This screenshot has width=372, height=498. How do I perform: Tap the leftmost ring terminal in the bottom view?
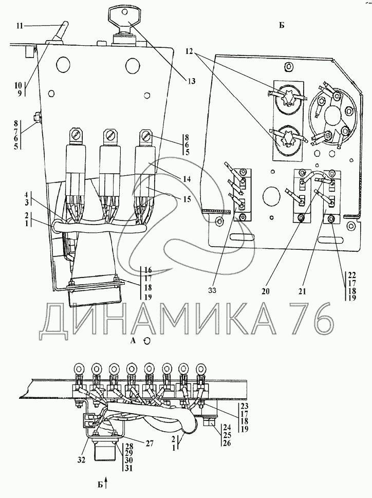click(80, 368)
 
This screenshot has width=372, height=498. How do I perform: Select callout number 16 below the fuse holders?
click(148, 270)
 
